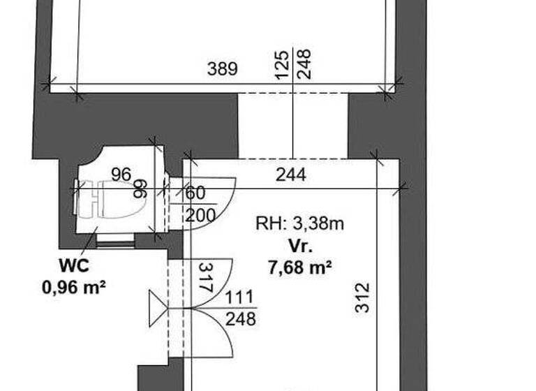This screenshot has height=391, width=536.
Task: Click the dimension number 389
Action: point(223,69)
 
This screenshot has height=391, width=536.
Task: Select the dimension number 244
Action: point(290,175)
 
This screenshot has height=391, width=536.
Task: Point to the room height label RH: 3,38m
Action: point(299,224)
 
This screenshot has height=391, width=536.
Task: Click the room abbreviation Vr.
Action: point(301,246)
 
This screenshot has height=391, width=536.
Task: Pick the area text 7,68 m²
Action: point(299,266)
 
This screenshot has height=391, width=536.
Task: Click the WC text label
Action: point(73,265)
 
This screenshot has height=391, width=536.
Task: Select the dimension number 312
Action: point(362,297)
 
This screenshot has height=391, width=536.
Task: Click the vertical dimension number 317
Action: point(205,277)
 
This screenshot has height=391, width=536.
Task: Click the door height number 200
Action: point(200,215)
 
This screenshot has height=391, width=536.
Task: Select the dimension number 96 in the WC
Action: point(121,174)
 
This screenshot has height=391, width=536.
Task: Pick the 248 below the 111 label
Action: point(241,319)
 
